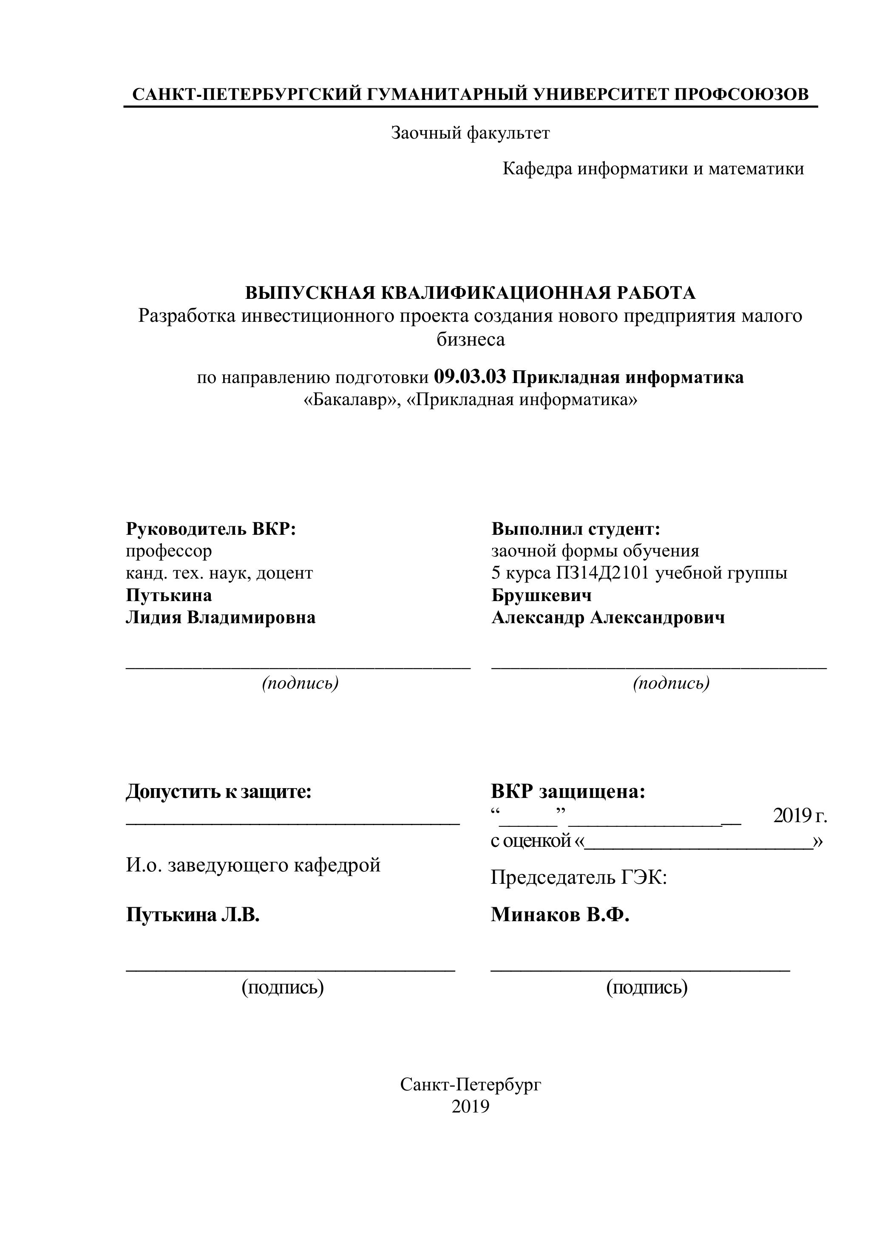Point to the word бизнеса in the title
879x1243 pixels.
point(471,339)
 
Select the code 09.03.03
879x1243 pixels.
point(470,377)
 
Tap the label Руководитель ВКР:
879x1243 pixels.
point(211,528)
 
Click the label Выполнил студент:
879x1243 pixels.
point(576,528)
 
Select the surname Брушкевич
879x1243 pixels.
point(541,595)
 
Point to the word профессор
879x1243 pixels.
point(169,551)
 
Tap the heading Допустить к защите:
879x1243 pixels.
point(218,792)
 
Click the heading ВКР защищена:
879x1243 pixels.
point(568,792)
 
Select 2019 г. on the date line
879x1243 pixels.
point(800,815)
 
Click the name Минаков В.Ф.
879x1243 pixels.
point(560,915)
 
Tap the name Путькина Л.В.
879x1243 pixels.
point(193,915)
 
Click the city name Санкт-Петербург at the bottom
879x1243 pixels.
point(471,1084)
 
